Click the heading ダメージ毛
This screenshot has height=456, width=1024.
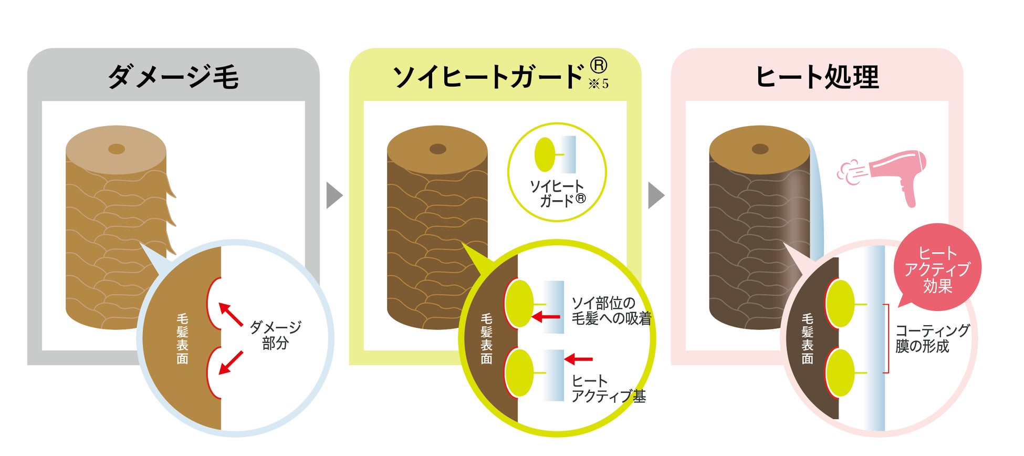(173, 77)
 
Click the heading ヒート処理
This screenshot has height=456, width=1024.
(817, 77)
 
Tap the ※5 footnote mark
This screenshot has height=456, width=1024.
(599, 84)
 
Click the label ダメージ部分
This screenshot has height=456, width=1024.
(275, 335)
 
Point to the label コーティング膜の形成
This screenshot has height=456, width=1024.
(932, 338)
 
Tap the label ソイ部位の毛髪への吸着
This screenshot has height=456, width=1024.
(611, 310)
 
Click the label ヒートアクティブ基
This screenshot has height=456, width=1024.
(608, 389)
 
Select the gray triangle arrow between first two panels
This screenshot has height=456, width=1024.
(333, 195)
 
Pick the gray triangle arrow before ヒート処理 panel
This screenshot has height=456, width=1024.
(655, 195)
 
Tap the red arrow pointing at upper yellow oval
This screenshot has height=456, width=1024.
(546, 317)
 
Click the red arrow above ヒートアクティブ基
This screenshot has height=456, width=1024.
(578, 359)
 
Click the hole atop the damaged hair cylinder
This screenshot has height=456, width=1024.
(116, 149)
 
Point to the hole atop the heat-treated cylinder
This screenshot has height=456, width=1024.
(760, 149)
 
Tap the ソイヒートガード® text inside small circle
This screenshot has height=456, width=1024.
(557, 193)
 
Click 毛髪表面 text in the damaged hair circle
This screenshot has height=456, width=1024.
(182, 338)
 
